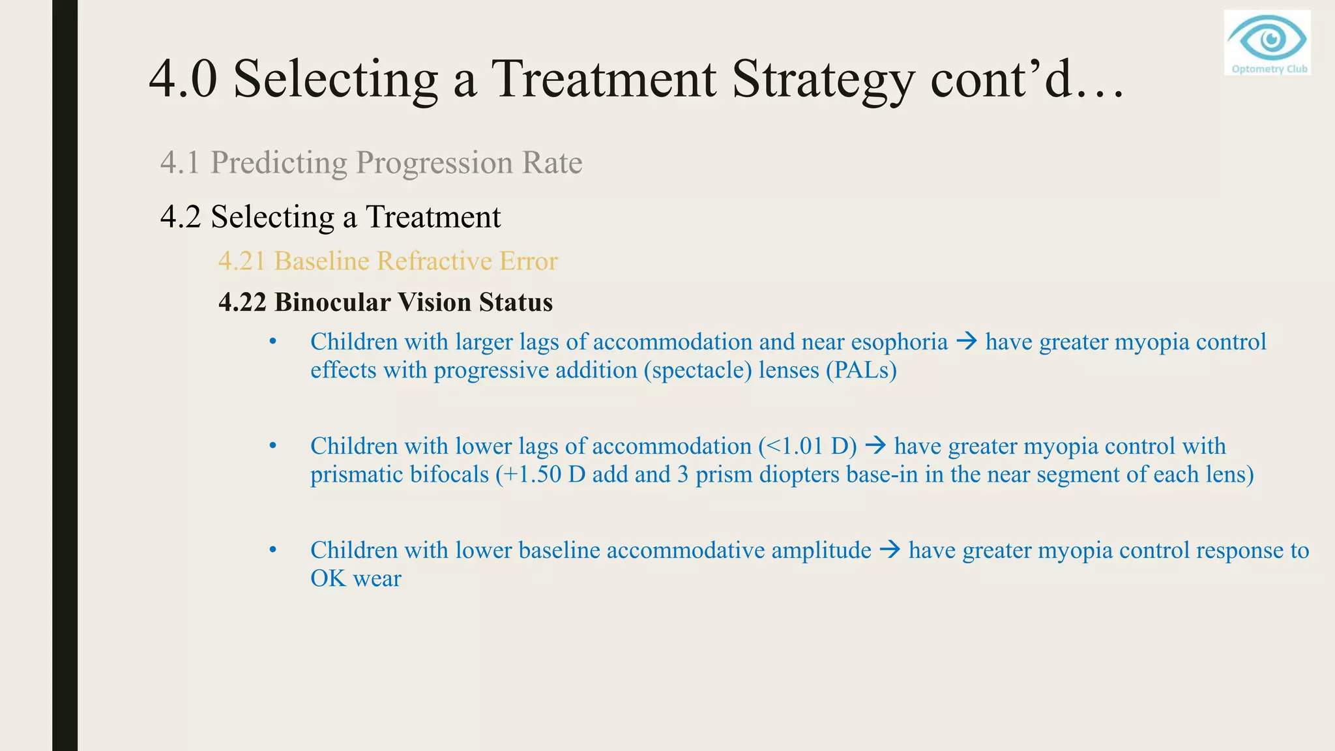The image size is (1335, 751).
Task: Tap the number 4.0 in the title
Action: [183, 80]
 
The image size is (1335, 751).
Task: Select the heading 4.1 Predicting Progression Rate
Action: [371, 162]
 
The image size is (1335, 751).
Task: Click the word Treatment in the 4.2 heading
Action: [433, 216]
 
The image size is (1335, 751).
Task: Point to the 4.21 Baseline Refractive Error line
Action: [388, 261]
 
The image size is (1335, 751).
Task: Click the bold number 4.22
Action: [242, 302]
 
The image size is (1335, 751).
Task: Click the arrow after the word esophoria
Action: [967, 341]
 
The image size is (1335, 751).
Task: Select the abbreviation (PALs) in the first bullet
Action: [861, 370]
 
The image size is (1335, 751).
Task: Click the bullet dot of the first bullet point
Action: [273, 342]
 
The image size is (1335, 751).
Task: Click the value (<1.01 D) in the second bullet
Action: [807, 447]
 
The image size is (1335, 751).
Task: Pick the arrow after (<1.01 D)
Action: [875, 446]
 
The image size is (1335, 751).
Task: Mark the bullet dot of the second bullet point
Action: [273, 446]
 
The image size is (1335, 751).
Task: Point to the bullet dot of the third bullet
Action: [273, 550]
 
